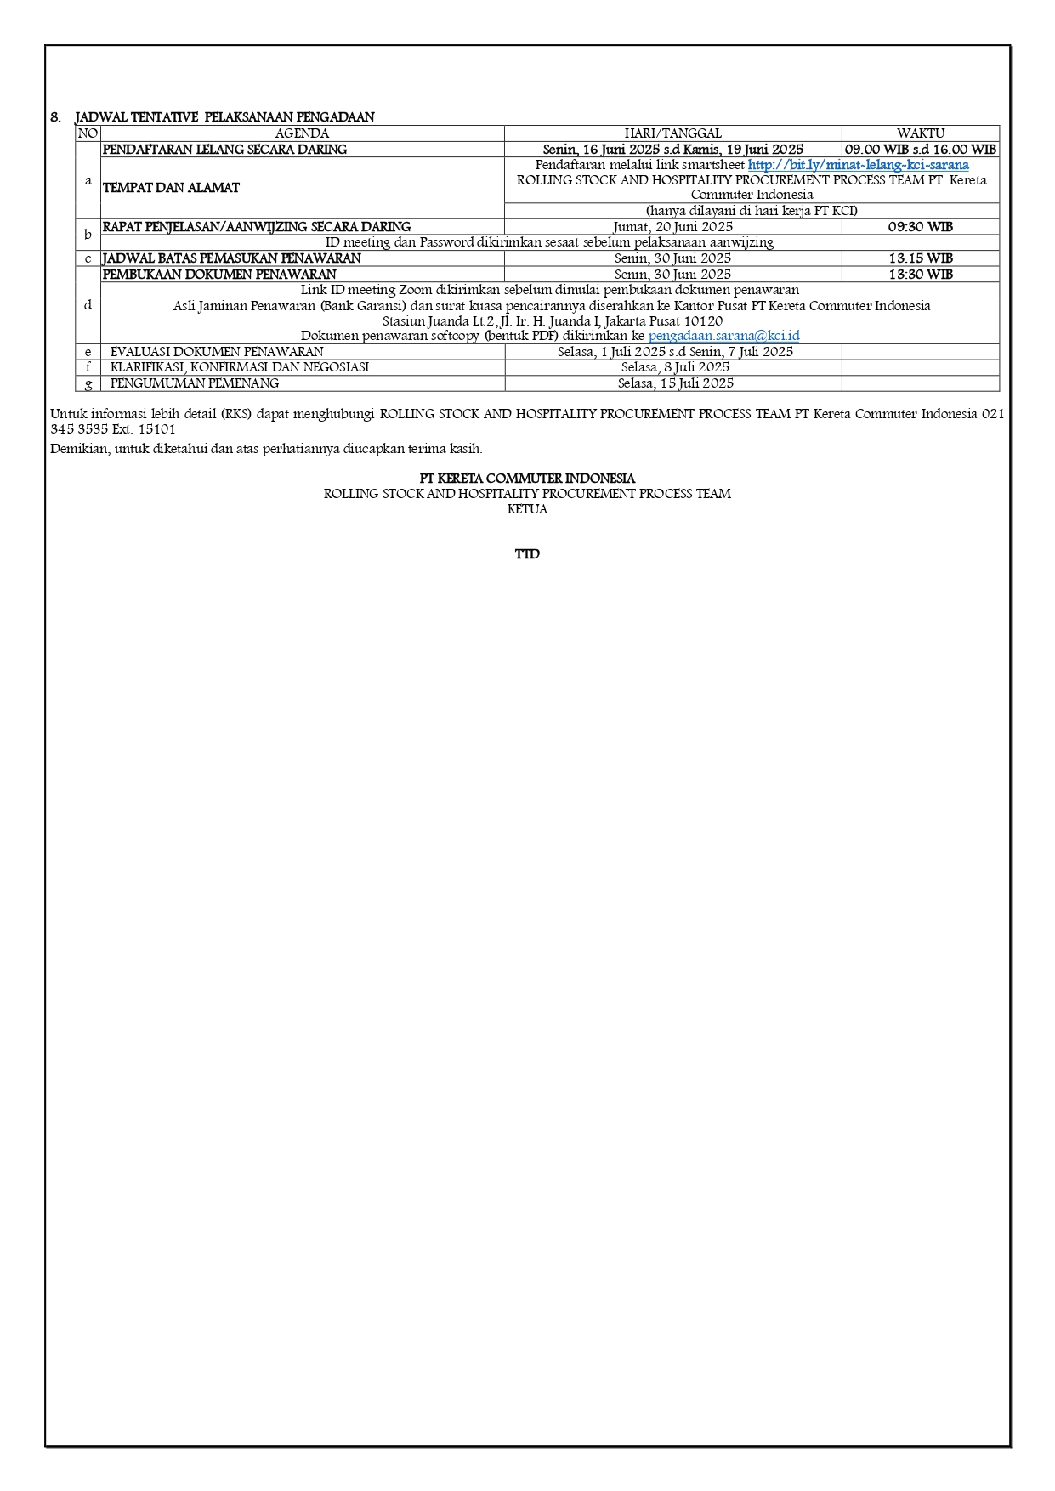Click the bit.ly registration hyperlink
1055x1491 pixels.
click(858, 165)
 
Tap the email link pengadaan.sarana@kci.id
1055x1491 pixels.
click(723, 336)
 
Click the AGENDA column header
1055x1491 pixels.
click(302, 133)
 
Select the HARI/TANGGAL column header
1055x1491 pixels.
click(672, 133)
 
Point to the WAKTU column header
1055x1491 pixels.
click(920, 133)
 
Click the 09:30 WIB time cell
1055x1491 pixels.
click(920, 227)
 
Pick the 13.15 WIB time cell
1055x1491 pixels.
click(920, 258)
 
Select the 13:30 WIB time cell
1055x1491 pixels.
click(920, 275)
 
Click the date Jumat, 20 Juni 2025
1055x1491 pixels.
click(672, 227)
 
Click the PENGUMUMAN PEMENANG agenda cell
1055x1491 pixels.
click(195, 383)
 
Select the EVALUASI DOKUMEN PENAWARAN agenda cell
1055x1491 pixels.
click(217, 352)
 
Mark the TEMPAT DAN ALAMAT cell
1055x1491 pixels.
click(171, 188)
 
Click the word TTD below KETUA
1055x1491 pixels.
click(527, 554)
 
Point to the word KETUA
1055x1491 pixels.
click(527, 509)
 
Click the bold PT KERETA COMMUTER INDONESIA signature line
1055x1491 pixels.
click(527, 479)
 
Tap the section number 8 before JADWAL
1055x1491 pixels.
click(55, 117)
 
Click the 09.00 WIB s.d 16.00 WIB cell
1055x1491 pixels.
click(920, 150)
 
